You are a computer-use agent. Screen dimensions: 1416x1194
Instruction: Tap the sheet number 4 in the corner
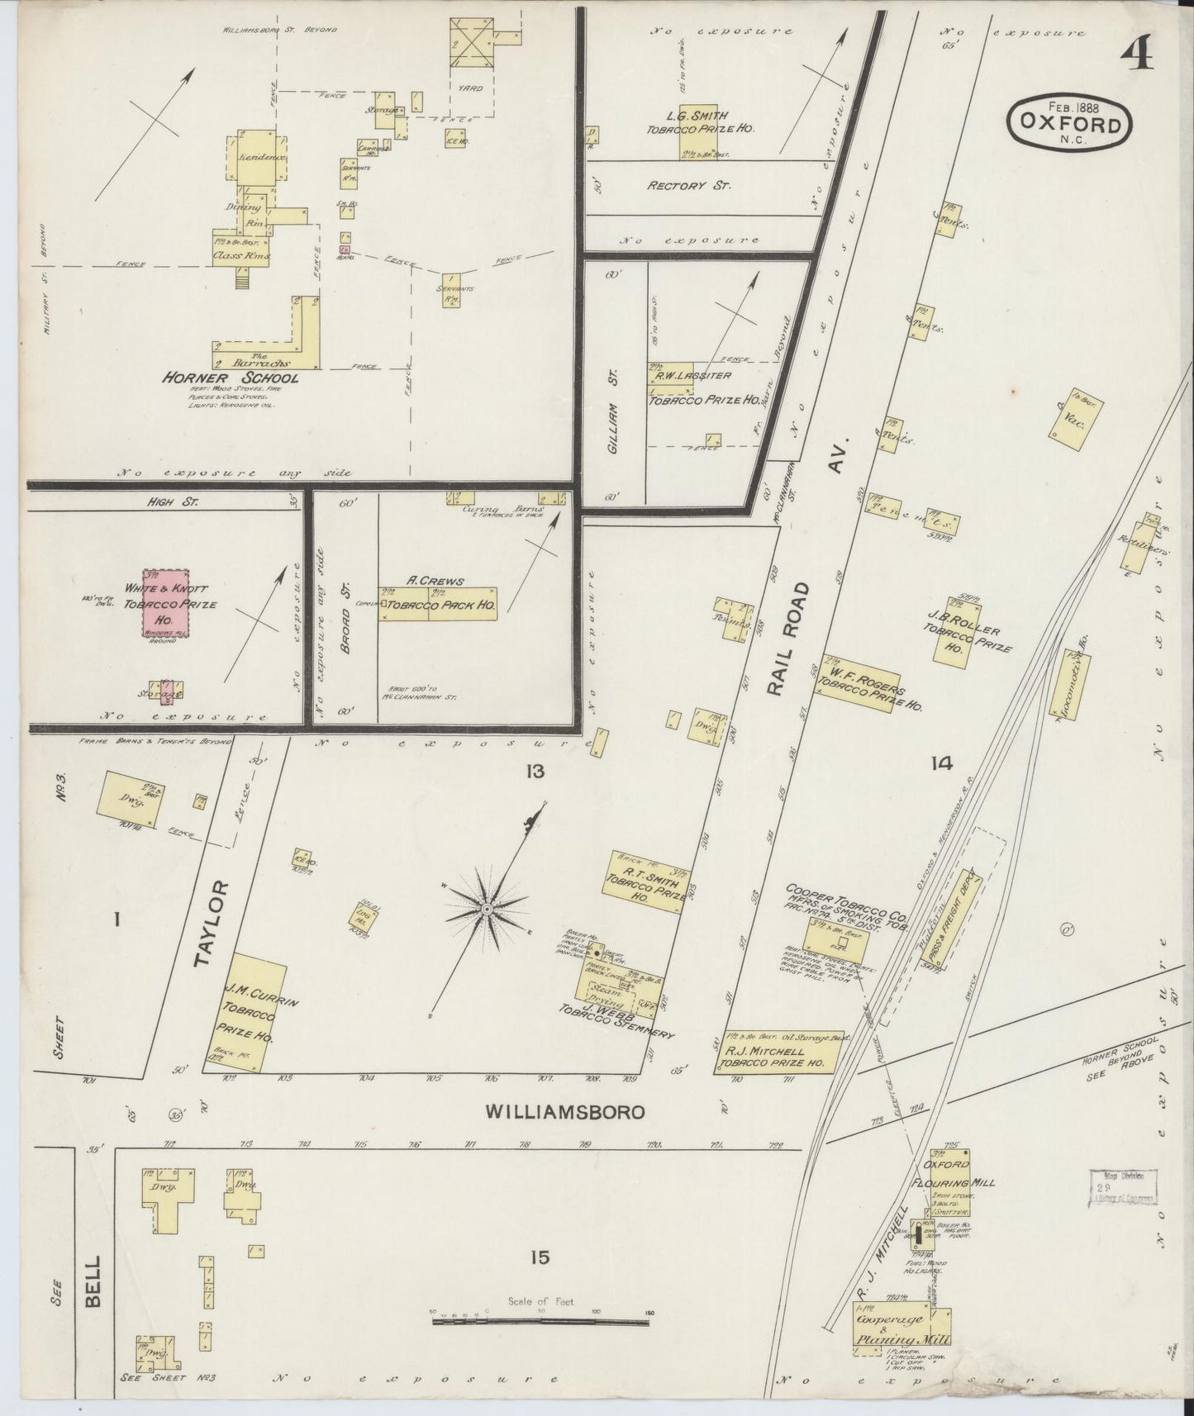click(x=1139, y=55)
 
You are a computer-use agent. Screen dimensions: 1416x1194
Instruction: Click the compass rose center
click(x=487, y=909)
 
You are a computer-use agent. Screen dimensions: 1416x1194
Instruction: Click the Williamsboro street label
click(x=565, y=1112)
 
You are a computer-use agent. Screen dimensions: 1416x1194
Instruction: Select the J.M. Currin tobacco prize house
click(x=248, y=1012)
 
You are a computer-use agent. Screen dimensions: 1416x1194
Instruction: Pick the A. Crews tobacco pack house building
click(x=438, y=604)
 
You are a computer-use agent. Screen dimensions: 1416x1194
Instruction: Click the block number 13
click(x=534, y=772)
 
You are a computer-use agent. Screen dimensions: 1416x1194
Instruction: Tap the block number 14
click(x=940, y=764)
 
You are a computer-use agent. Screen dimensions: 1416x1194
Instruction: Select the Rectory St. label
click(x=688, y=186)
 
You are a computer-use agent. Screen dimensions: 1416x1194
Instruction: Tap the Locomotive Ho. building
click(x=1071, y=685)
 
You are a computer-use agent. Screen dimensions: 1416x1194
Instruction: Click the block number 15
click(x=540, y=1257)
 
